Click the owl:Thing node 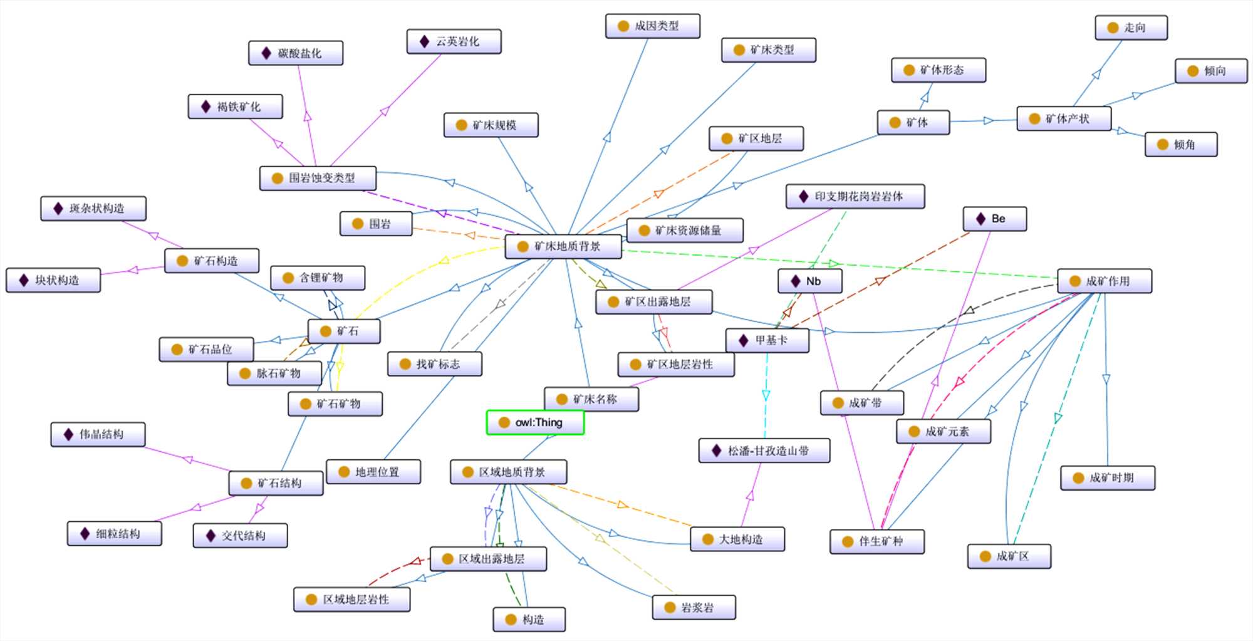[535, 422]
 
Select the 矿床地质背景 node [563, 246]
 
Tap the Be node [994, 219]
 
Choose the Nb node [809, 281]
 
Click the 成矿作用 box [1104, 281]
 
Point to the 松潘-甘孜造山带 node [764, 451]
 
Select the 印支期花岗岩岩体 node [855, 196]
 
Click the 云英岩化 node [454, 41]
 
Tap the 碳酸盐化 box [296, 53]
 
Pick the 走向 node [1131, 28]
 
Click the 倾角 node [1180, 144]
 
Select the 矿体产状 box [1063, 118]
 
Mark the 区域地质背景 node [508, 472]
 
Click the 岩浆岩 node [694, 607]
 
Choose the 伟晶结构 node [98, 434]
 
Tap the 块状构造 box [53, 280]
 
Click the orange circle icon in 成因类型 [623, 26]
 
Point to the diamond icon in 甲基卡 [743, 340]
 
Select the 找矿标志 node [434, 363]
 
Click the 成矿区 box [1009, 556]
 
